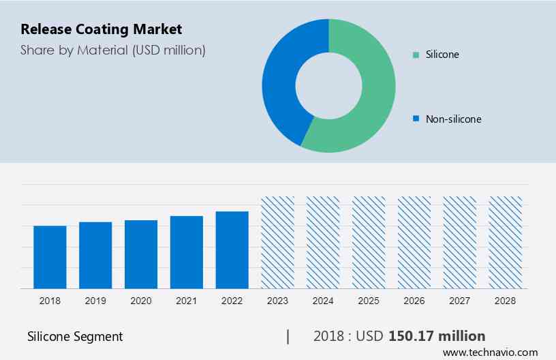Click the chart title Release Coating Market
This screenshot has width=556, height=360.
pos(101,30)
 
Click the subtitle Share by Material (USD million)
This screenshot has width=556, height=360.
pos(112,50)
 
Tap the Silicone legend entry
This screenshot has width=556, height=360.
pos(442,54)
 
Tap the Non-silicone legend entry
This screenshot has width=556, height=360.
pos(452,119)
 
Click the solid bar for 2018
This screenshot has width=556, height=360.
pos(50,257)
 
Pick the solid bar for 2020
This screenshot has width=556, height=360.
pos(141,254)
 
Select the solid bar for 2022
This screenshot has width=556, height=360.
pos(232,250)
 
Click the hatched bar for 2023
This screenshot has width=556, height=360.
pos(278,242)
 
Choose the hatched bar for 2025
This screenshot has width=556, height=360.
pos(369,242)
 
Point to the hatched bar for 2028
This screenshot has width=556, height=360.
pos(506,242)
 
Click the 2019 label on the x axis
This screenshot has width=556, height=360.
pos(95,301)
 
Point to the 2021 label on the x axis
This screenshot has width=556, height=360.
pos(187,301)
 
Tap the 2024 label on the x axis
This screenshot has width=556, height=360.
pos(324,301)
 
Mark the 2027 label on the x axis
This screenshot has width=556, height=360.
pos(460,301)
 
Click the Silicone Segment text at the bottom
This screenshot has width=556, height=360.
pos(75,336)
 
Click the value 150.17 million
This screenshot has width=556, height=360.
pos(437,335)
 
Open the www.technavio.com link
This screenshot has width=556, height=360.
pos(490,352)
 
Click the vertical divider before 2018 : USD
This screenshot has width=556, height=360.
pos(288,336)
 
